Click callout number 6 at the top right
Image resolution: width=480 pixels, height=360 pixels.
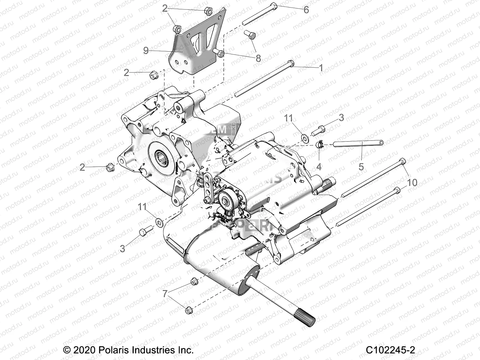[306, 10]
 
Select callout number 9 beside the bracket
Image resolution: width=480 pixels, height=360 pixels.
[146, 50]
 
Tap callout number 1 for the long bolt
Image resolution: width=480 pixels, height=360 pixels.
[321, 68]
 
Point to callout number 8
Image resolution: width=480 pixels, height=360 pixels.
[258, 58]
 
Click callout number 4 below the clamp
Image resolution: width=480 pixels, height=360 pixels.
[319, 166]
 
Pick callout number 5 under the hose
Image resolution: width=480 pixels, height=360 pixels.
[361, 166]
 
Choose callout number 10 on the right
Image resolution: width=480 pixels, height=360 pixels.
[412, 182]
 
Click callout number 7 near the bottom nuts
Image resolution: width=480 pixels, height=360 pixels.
[165, 293]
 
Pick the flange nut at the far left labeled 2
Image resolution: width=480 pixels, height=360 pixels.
[109, 167]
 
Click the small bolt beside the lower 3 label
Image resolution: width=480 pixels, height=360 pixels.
[143, 232]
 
